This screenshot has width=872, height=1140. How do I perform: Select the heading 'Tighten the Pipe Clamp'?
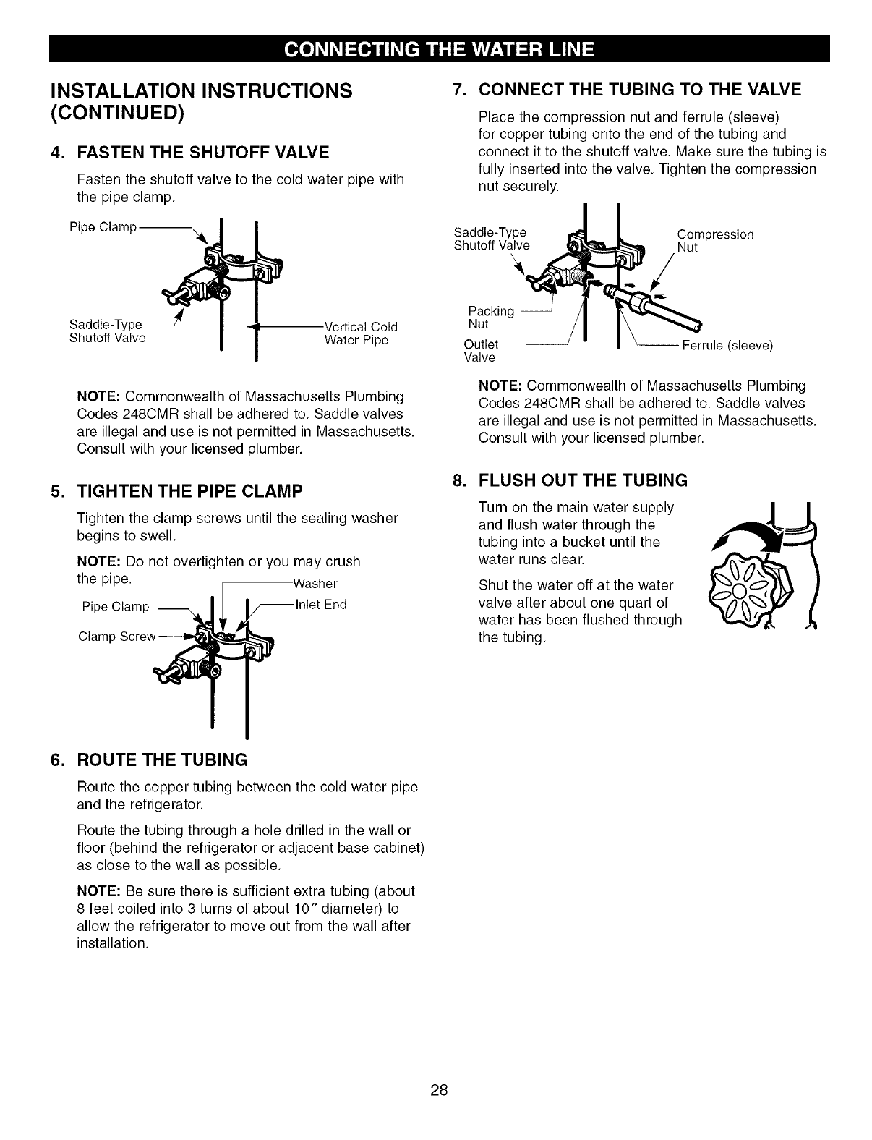click(189, 491)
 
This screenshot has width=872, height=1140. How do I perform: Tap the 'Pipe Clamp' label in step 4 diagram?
click(103, 228)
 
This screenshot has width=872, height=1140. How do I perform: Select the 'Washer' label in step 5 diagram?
click(316, 584)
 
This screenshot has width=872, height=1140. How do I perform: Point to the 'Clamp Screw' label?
click(117, 637)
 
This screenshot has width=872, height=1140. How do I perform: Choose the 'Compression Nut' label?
click(715, 241)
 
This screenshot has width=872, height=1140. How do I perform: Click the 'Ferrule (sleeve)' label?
click(727, 346)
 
